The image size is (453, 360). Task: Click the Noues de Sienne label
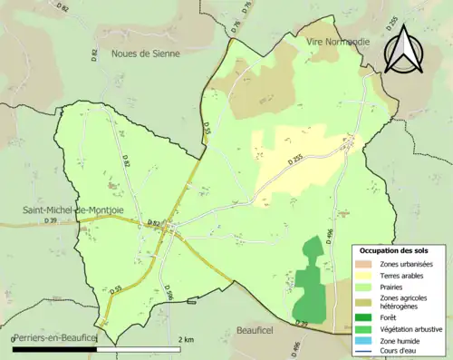pos(145,54)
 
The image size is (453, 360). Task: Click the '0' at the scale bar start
pos(14,338)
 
